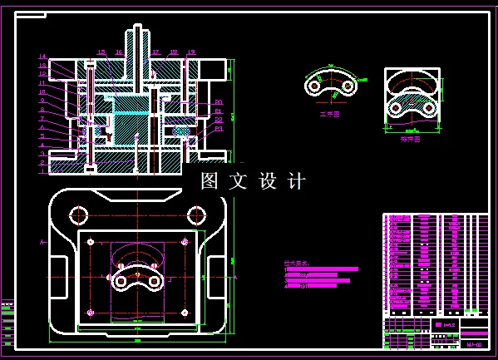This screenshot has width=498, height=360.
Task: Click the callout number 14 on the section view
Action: point(42,57)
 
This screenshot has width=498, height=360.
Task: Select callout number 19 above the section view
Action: point(190,52)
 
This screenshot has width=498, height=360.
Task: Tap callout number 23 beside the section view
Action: point(219,129)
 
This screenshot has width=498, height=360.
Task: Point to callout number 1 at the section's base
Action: point(42,172)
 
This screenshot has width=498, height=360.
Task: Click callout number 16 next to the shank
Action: point(119,52)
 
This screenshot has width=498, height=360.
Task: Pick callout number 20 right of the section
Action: point(219,101)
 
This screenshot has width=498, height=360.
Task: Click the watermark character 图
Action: point(210,180)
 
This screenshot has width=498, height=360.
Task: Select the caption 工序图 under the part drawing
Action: point(330,114)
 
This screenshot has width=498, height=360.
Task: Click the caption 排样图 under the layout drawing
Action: point(411,139)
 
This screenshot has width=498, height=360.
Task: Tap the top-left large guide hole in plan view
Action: point(79,215)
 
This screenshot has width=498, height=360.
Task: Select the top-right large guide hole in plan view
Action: point(197,215)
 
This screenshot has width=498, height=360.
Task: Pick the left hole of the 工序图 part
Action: point(314,84)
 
